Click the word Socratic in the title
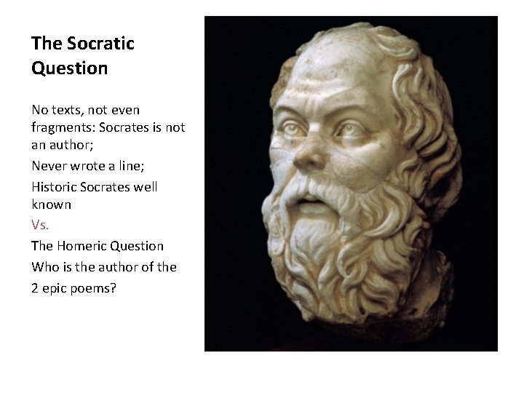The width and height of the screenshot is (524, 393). pos(100,44)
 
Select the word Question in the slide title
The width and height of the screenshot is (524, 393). pos(69,68)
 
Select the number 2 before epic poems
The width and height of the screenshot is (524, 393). pos(35,287)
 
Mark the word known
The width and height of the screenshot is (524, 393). pos(51,205)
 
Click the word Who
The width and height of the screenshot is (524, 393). pos(44,267)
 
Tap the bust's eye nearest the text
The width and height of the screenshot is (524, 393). pos(292,128)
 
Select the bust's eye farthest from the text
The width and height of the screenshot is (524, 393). pos(352,131)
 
